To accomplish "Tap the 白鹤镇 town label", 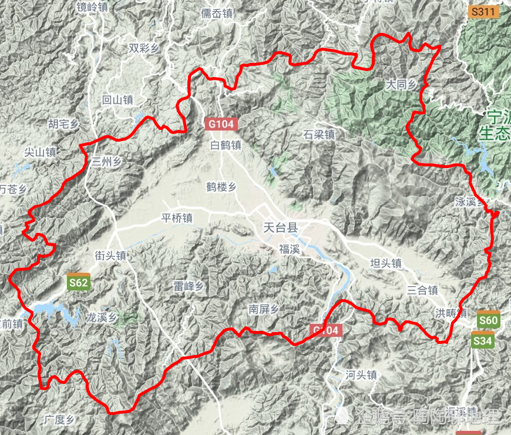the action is click(226, 145).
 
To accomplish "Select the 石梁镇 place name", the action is click(320, 134).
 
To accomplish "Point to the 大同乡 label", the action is click(401, 85).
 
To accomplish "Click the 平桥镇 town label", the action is click(177, 218).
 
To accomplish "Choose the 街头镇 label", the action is click(111, 256).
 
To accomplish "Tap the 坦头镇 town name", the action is click(386, 263).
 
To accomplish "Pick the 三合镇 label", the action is click(423, 290).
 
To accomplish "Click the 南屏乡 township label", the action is click(263, 309).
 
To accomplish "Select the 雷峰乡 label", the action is click(188, 286).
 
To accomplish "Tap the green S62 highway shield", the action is click(78, 283).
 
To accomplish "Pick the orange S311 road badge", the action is click(485, 11).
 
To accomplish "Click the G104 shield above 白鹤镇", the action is click(221, 124).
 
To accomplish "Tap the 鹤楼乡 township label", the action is click(221, 187).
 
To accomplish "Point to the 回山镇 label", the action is click(118, 100).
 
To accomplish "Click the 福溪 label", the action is click(290, 249).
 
